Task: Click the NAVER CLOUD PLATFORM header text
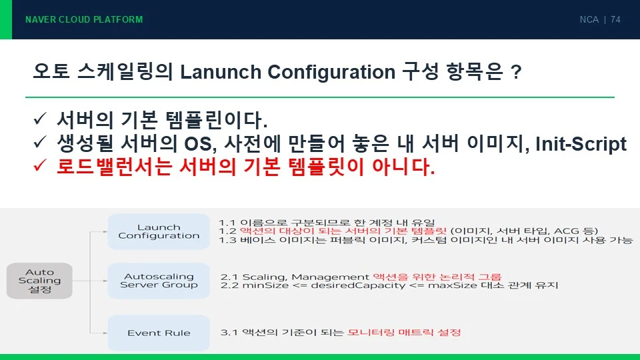tap(84, 19)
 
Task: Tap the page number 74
tap(615, 19)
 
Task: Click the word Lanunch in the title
tap(221, 72)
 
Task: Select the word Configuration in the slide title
tap(331, 72)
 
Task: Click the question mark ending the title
tap(516, 72)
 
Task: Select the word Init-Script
tap(581, 144)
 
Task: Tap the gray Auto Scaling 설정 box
tap(39, 281)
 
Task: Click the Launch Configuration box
tap(159, 231)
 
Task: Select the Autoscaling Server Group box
tap(159, 281)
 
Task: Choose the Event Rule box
tap(159, 333)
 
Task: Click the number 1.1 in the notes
tap(227, 223)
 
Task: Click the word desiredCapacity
tap(358, 285)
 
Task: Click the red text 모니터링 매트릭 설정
tap(404, 332)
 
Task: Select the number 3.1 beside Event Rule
tap(229, 332)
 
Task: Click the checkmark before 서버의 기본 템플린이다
tap(40, 119)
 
